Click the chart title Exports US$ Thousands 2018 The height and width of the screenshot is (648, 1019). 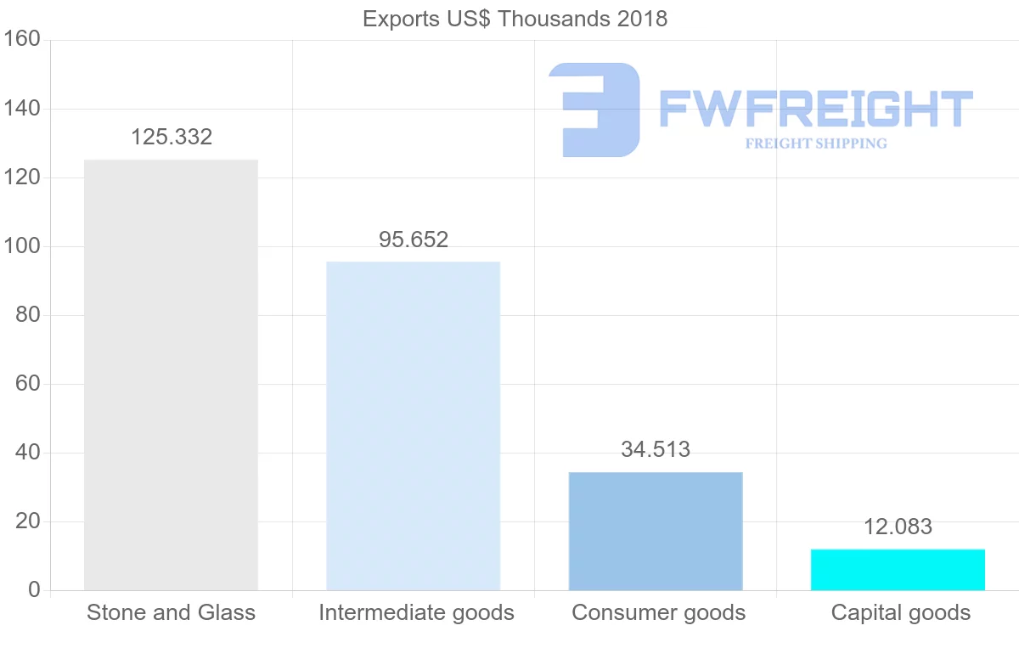pyautogui.click(x=515, y=19)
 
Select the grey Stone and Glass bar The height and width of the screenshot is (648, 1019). pyautogui.click(x=171, y=375)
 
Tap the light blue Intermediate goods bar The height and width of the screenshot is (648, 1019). pyautogui.click(x=414, y=425)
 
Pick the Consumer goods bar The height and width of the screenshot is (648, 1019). pyautogui.click(x=656, y=531)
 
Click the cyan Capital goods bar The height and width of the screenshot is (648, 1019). pyautogui.click(x=898, y=570)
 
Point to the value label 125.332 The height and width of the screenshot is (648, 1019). pyautogui.click(x=172, y=137)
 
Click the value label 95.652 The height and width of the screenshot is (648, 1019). pyautogui.click(x=414, y=239)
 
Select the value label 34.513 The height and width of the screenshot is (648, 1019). pyautogui.click(x=656, y=449)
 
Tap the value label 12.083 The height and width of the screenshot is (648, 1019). pyautogui.click(x=898, y=527)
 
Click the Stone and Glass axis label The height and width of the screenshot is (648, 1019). pyautogui.click(x=171, y=612)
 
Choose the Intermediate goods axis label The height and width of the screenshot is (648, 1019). pyautogui.click(x=416, y=612)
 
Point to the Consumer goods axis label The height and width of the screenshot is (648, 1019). pyautogui.click(x=658, y=612)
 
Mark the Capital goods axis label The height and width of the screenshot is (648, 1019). pyautogui.click(x=900, y=612)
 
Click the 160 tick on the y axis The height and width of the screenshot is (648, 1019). pyautogui.click(x=22, y=39)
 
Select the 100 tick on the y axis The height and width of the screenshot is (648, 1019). pyautogui.click(x=22, y=246)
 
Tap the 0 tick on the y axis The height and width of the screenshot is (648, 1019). pyautogui.click(x=34, y=590)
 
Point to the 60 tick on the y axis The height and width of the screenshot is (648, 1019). pyautogui.click(x=28, y=384)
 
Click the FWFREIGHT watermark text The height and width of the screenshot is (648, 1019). pyautogui.click(x=815, y=109)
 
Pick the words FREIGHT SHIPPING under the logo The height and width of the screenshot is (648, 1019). pyautogui.click(x=816, y=144)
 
